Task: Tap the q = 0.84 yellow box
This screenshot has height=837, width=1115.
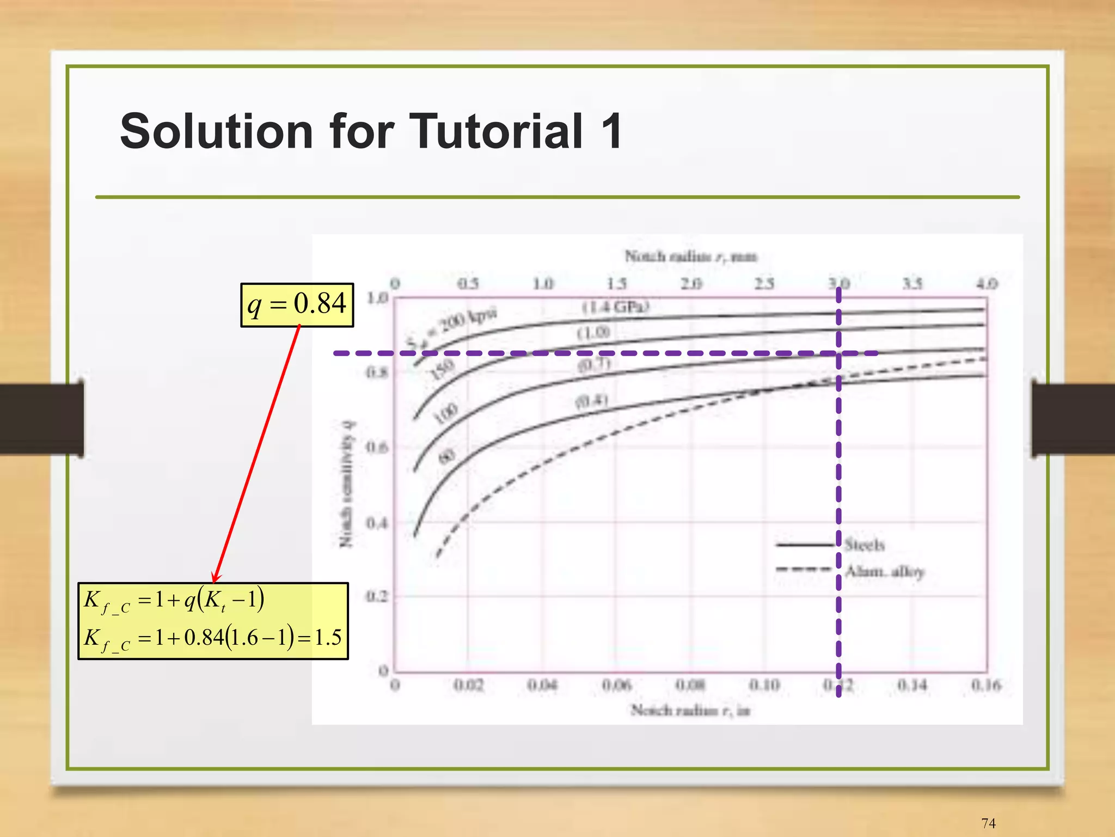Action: click(297, 304)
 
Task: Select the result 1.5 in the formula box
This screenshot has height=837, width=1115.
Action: click(328, 637)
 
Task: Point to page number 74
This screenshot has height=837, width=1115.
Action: click(988, 823)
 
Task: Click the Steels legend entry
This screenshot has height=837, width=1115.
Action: click(865, 544)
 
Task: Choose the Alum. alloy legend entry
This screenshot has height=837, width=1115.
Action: click(884, 571)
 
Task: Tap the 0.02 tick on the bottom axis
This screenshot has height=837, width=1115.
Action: click(469, 685)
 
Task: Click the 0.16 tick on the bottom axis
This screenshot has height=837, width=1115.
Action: click(986, 685)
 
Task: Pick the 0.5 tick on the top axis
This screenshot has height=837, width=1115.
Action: click(468, 283)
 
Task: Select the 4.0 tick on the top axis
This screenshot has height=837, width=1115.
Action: click(986, 283)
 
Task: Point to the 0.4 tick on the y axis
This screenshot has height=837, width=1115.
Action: click(377, 523)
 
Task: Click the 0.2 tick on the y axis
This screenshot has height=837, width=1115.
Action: click(377, 596)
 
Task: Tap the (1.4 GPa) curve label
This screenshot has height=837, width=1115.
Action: click(616, 307)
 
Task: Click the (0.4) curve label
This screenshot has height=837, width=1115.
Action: click(592, 401)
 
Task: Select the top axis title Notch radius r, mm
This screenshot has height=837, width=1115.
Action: click(690, 256)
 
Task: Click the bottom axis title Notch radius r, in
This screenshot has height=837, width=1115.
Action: click(690, 710)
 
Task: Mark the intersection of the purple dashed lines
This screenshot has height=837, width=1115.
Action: click(838, 353)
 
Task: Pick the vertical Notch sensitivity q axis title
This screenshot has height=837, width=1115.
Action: click(347, 483)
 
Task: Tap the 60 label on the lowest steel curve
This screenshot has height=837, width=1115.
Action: click(446, 456)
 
